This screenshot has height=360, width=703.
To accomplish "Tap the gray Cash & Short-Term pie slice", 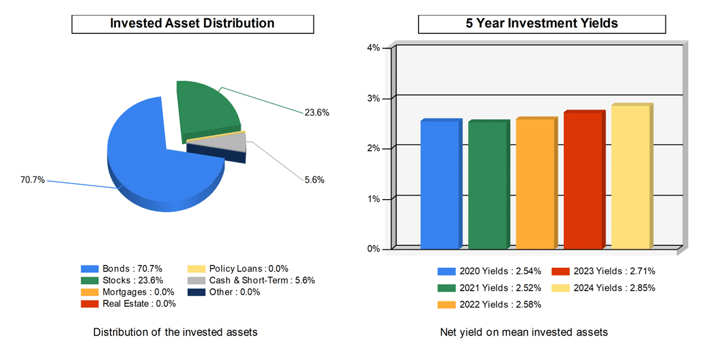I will pyautogui.click(x=233, y=142).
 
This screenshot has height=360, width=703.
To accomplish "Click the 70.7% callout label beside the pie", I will pyautogui.click(x=32, y=180).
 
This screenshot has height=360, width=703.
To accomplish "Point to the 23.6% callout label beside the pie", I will pyautogui.click(x=317, y=112).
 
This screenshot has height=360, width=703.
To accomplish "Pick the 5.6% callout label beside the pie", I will pyautogui.click(x=314, y=180).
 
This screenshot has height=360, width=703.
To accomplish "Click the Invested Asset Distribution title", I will pyautogui.click(x=192, y=23).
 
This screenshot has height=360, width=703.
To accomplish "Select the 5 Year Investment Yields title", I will pyautogui.click(x=542, y=23).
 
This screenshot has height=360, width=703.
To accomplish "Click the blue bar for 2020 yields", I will pyautogui.click(x=440, y=185).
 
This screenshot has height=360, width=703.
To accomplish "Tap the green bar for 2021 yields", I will pyautogui.click(x=488, y=185).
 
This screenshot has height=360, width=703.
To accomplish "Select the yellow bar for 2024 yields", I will pyautogui.click(x=631, y=177).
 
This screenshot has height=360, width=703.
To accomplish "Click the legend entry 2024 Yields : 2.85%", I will pyautogui.click(x=604, y=288).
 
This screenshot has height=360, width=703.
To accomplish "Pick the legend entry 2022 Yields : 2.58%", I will pyautogui.click(x=490, y=304).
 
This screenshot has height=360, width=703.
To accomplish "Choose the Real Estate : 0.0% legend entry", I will pyautogui.click(x=128, y=304).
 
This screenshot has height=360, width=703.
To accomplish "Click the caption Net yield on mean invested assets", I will pyautogui.click(x=524, y=332).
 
